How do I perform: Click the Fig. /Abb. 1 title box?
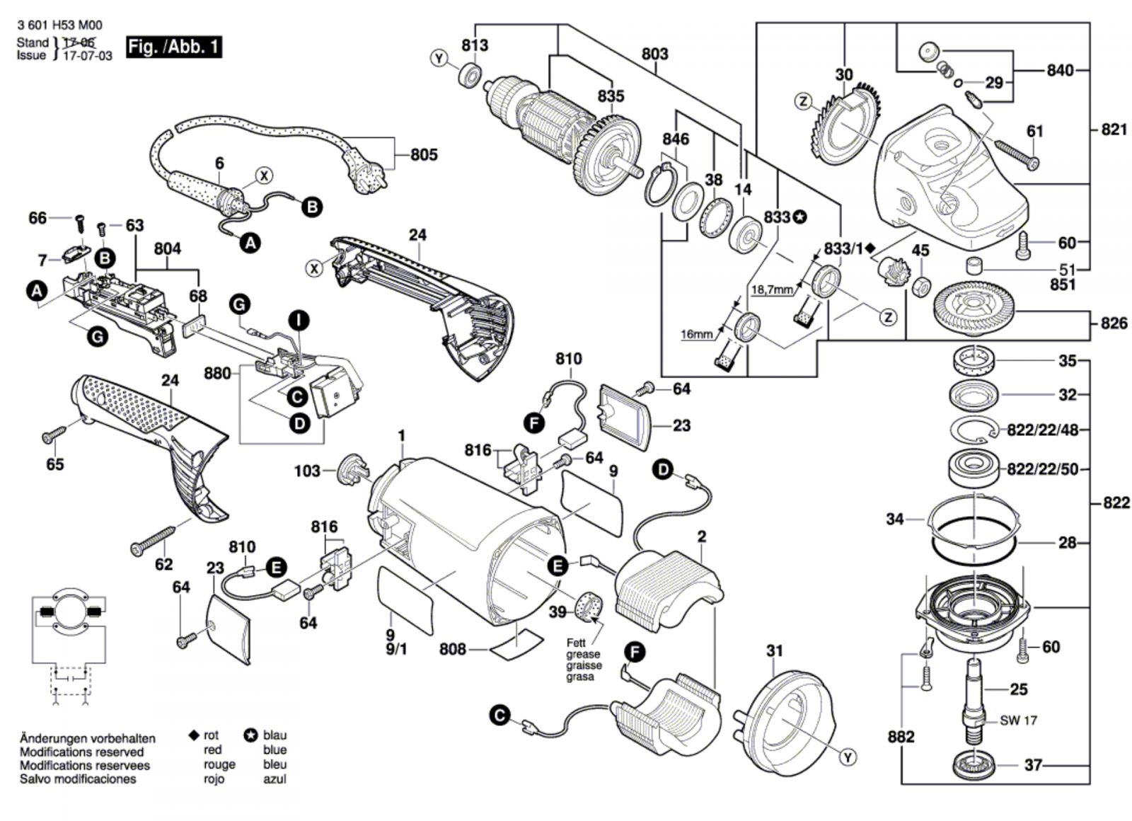click(x=173, y=47)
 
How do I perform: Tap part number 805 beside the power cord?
click(x=424, y=154)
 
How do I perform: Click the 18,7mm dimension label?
click(x=772, y=290)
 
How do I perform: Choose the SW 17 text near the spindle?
click(x=1018, y=720)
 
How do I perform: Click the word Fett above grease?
click(x=576, y=643)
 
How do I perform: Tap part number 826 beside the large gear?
click(x=1114, y=323)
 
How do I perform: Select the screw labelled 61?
click(x=1017, y=154)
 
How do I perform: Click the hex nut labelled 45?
click(x=920, y=287)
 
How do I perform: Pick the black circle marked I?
click(x=299, y=321)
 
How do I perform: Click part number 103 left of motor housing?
click(x=307, y=471)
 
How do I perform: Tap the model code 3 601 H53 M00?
click(x=59, y=25)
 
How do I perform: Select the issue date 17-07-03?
click(x=88, y=56)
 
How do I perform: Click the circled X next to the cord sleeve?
click(x=263, y=176)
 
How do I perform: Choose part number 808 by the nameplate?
click(x=452, y=648)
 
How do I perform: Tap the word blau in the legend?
click(x=275, y=735)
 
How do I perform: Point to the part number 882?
click(x=901, y=737)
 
